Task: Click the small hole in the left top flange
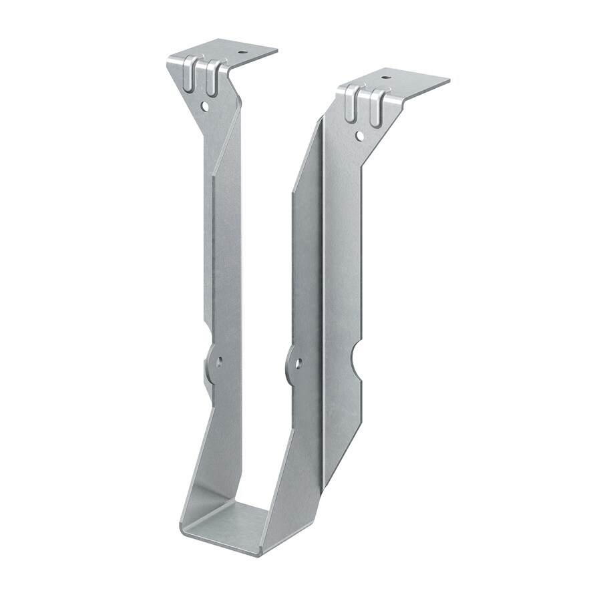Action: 242,52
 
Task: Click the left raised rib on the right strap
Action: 351,104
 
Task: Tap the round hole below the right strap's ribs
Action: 359,136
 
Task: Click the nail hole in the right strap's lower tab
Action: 298,364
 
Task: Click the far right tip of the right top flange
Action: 449,81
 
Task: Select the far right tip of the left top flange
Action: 277,50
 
